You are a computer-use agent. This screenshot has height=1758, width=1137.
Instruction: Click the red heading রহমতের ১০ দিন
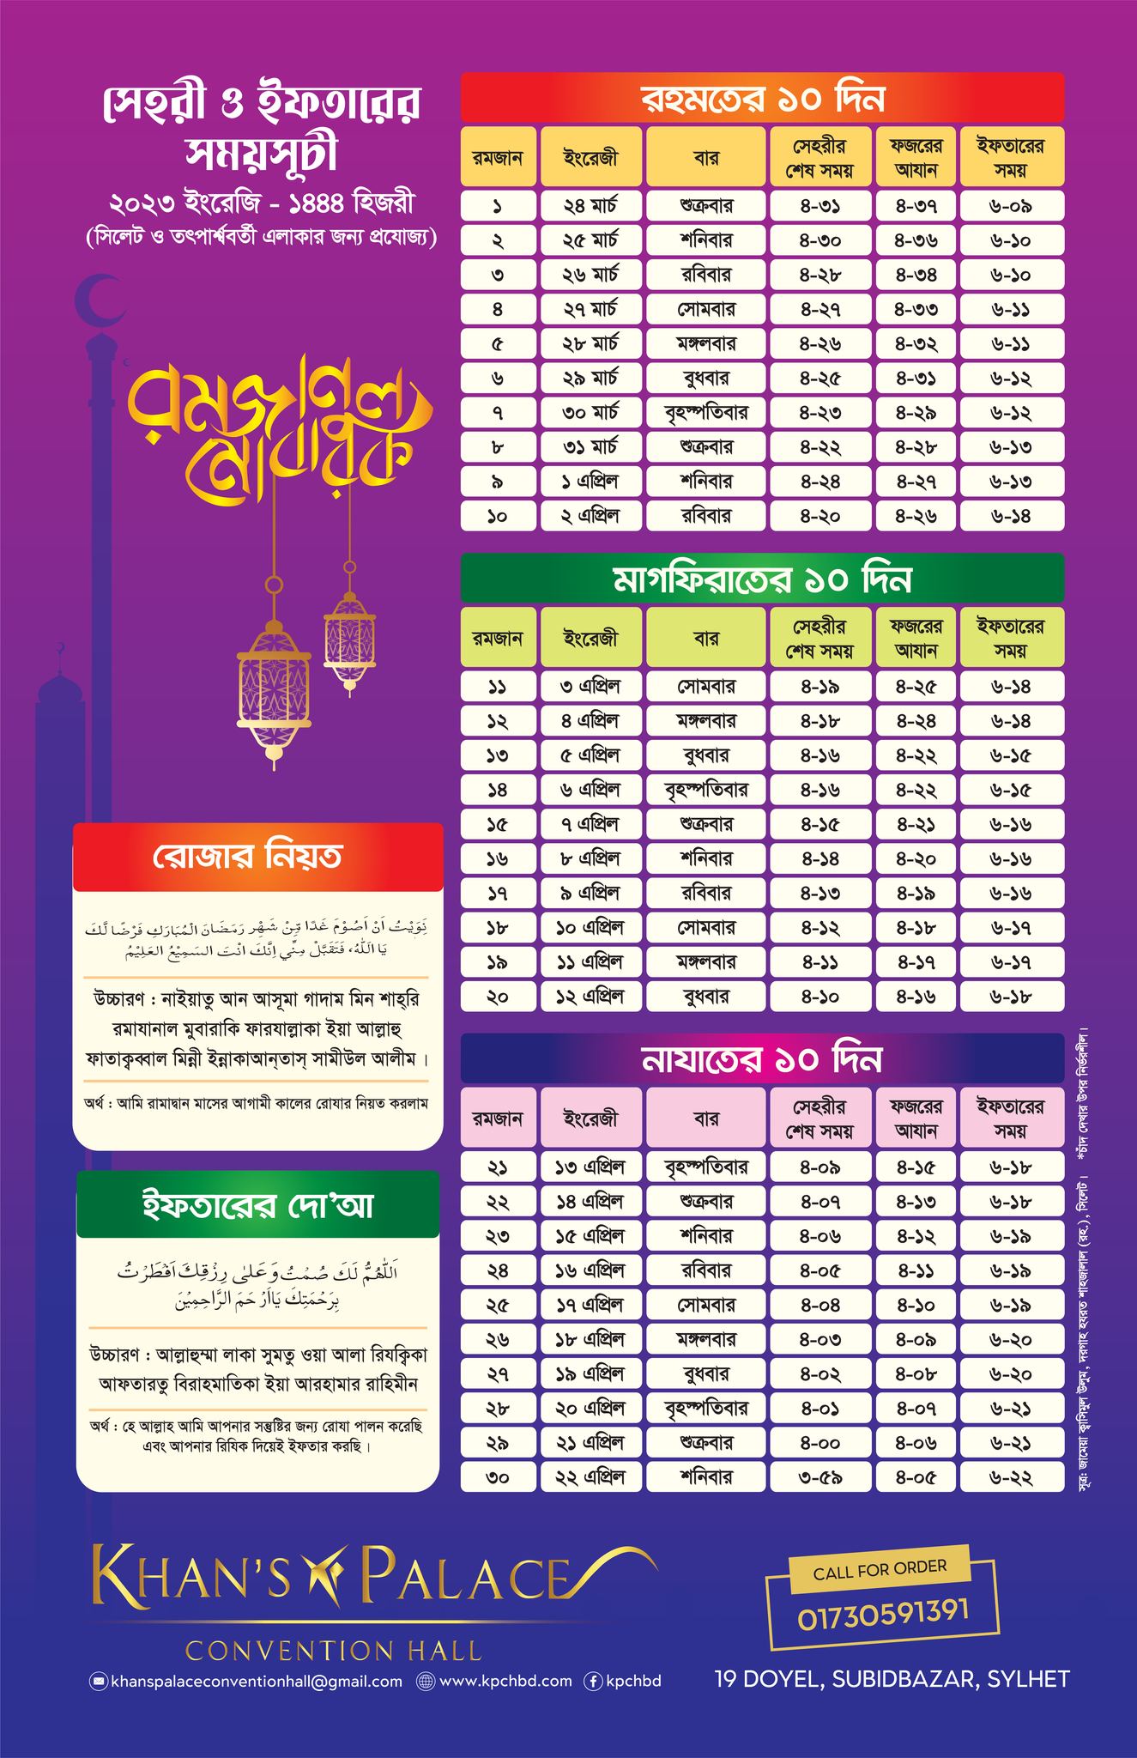coord(762,99)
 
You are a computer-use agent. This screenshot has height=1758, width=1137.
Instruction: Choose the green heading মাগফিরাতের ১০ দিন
coord(762,580)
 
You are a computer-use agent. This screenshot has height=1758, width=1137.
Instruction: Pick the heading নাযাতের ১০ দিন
coord(762,1060)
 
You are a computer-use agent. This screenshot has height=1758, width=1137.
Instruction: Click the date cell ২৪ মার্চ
coord(590,207)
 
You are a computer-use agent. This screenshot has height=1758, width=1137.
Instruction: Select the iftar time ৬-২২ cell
coord(1012,1477)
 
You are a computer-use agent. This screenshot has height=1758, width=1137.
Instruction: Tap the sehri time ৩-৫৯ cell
coord(820,1477)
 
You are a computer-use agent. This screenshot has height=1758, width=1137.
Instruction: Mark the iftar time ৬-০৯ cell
coord(1012,207)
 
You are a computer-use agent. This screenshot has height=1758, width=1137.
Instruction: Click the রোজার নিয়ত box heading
coord(257,857)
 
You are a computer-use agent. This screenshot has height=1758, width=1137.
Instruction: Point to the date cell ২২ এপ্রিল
coord(590,1477)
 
